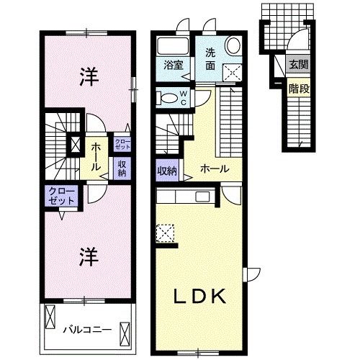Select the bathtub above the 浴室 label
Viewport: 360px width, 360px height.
tap(171, 45)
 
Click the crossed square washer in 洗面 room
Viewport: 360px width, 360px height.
tap(232, 71)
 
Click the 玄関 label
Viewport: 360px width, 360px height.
tap(297, 63)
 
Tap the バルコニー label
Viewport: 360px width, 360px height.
tap(86, 330)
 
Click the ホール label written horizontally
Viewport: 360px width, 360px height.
tap(215, 169)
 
